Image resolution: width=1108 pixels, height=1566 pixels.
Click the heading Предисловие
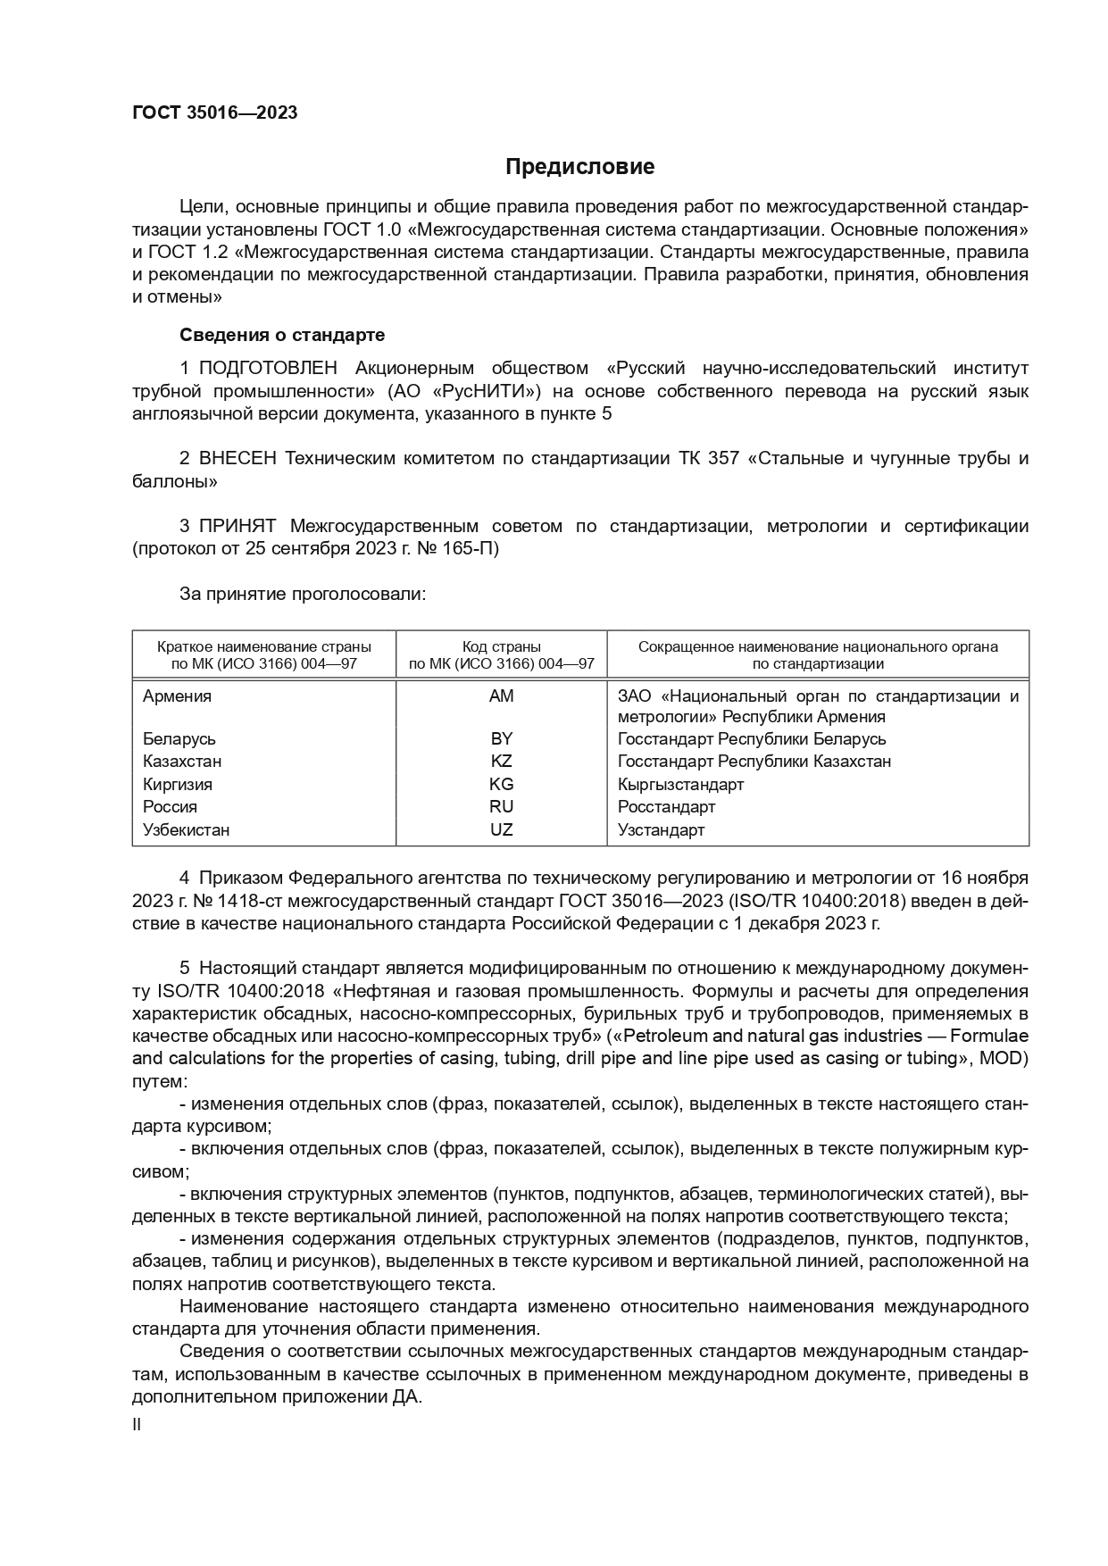click(579, 167)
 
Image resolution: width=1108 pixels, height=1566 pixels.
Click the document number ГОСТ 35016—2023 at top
click(214, 112)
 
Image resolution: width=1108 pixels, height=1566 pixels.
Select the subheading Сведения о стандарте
click(282, 335)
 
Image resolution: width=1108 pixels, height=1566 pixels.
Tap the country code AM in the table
click(501, 696)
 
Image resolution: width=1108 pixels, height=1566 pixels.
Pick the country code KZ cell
click(501, 762)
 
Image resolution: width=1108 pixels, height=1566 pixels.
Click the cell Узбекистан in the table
click(186, 829)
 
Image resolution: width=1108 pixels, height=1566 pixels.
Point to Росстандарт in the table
click(666, 807)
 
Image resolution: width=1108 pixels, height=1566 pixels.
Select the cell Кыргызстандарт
click(680, 784)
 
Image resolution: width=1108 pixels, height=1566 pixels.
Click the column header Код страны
click(501, 646)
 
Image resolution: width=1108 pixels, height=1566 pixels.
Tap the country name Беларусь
click(179, 739)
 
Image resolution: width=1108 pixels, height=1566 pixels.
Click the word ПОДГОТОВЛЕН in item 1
click(268, 368)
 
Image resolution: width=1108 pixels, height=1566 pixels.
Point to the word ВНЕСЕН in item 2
click(238, 458)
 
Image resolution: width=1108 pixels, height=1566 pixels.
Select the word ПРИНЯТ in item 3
click(237, 526)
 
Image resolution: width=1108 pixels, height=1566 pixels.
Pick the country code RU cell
click(501, 807)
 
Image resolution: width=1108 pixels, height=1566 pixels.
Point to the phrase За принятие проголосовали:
click(303, 594)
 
